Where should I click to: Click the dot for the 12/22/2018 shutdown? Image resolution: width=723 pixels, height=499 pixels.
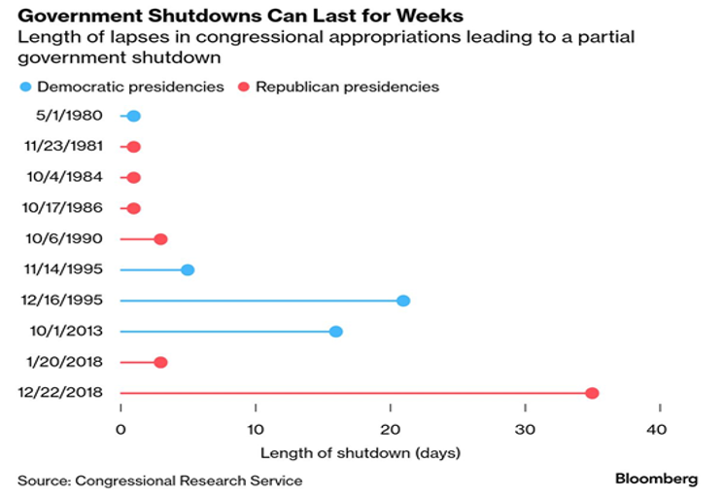coord(592,393)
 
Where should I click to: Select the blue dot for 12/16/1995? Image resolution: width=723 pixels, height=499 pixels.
coord(403,301)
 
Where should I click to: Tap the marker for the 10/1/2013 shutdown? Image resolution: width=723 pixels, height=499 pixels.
coord(336,332)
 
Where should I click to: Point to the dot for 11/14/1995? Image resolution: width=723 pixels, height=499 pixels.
coord(188,269)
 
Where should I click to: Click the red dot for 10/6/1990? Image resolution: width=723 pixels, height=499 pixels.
coord(160,239)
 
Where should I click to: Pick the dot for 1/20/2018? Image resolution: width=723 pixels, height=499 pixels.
coord(160,362)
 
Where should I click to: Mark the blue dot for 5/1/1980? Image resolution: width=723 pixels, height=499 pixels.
coord(133,117)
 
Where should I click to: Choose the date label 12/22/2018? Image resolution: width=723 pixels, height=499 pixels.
coord(60,393)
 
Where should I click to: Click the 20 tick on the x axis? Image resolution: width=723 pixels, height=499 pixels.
coord(390,429)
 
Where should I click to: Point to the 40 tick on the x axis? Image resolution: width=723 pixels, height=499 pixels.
coord(658,429)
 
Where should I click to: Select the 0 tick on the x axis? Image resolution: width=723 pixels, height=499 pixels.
coord(120,429)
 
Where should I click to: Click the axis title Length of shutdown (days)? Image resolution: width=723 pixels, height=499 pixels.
coord(361,452)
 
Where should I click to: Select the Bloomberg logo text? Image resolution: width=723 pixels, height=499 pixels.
coord(656,480)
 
